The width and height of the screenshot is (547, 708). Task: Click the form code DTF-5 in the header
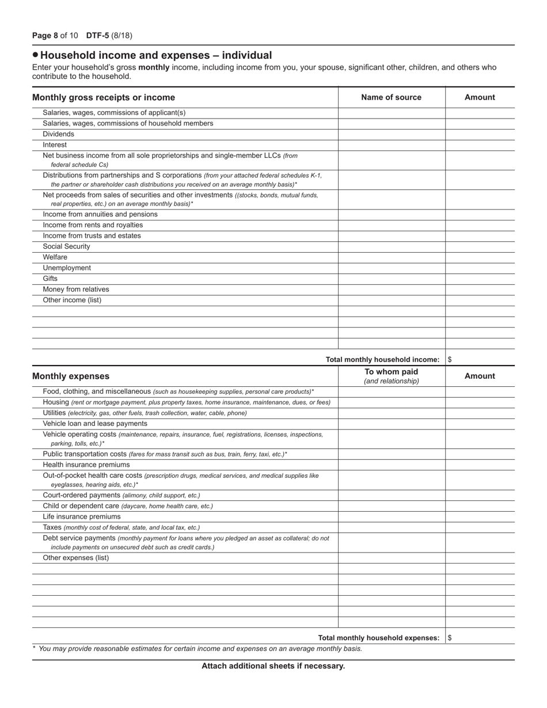click(x=98, y=36)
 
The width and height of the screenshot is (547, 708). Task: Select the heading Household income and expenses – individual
click(x=155, y=55)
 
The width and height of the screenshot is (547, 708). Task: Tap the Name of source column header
click(x=391, y=97)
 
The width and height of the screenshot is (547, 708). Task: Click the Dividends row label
click(x=58, y=134)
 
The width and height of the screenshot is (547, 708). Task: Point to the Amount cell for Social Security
click(x=480, y=247)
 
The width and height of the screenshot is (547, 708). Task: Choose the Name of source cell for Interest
click(x=391, y=145)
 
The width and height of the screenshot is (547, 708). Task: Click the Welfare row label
click(x=55, y=257)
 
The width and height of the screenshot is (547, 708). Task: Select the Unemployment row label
click(x=67, y=268)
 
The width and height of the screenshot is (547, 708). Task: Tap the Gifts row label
click(x=50, y=279)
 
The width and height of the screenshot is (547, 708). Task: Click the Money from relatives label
click(x=75, y=290)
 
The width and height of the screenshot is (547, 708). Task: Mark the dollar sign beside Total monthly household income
click(x=450, y=360)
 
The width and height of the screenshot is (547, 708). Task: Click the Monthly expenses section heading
click(x=70, y=376)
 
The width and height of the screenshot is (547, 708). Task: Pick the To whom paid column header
click(x=391, y=372)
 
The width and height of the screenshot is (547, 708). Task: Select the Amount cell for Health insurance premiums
click(x=480, y=465)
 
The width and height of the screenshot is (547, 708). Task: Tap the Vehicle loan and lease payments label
click(x=95, y=424)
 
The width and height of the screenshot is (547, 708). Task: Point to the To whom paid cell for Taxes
click(x=391, y=528)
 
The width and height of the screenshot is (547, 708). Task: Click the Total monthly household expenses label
click(x=378, y=638)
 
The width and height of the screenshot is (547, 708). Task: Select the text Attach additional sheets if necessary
click(x=273, y=666)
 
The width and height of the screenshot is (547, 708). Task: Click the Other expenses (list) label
click(x=75, y=558)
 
